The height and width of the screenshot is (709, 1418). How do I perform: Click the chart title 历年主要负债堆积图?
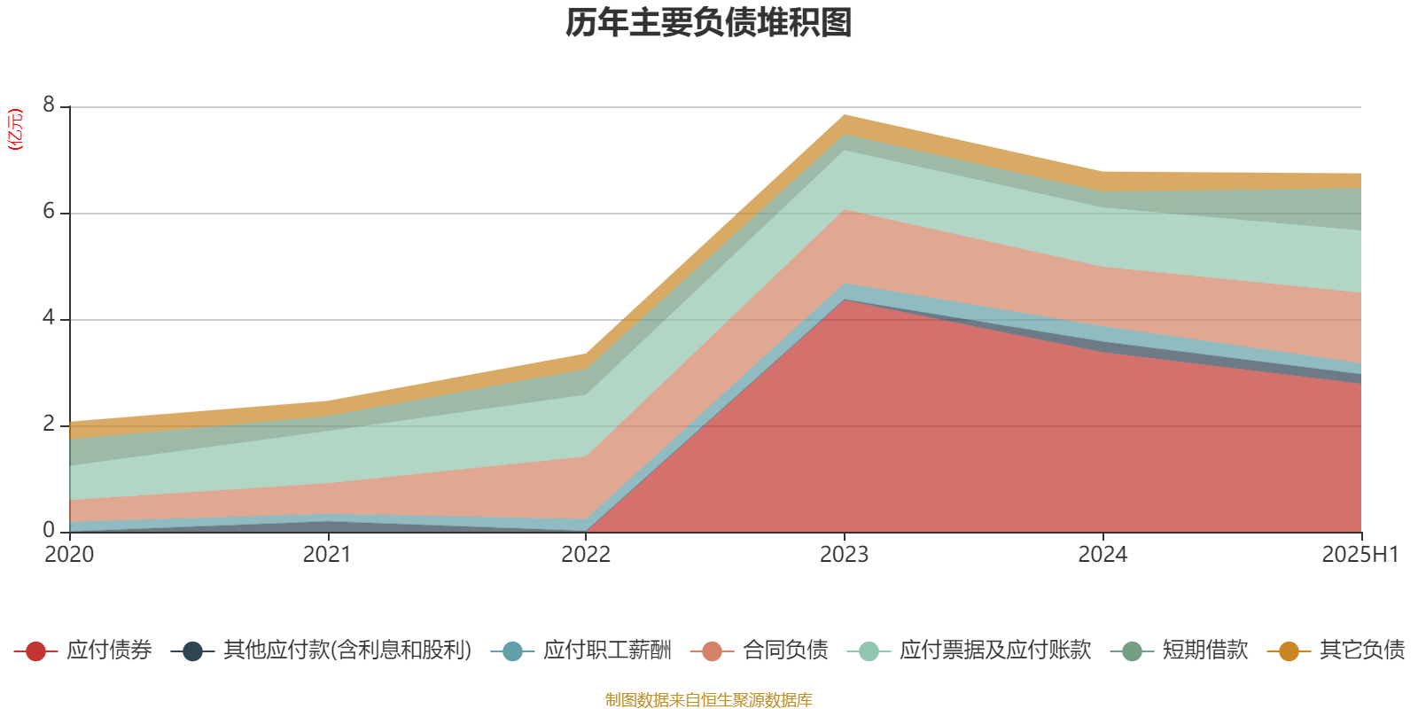coord(709,23)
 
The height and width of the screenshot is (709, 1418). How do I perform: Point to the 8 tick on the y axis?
coord(49,105)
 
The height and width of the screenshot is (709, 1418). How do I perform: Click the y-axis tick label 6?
coord(49,212)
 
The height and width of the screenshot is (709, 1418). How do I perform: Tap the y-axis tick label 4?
coord(49,317)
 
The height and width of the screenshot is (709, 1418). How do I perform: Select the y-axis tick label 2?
coord(49,424)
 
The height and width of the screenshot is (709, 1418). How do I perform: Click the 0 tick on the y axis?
coord(49,530)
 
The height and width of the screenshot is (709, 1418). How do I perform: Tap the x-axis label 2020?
coord(69,555)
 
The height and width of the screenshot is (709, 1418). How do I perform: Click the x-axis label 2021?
coord(327,555)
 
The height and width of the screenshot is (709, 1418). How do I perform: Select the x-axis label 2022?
coord(586,555)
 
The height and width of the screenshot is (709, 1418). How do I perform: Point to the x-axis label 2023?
coord(844,555)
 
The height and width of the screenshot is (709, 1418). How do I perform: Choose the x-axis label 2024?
coord(1102,555)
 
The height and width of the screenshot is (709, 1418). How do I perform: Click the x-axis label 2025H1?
coord(1359,555)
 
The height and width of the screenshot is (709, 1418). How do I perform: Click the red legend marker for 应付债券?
coord(35,651)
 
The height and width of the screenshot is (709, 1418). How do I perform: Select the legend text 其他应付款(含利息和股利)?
coord(347,651)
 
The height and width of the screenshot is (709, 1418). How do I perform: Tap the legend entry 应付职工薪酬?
coord(607,651)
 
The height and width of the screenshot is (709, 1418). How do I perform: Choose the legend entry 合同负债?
coord(785,651)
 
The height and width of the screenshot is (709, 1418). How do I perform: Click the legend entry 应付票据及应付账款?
coord(994,651)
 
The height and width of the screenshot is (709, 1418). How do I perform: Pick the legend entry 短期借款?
coord(1204,651)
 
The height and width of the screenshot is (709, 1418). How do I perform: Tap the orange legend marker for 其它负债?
coord(1289,651)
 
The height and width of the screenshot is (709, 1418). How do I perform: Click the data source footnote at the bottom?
coord(709,700)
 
